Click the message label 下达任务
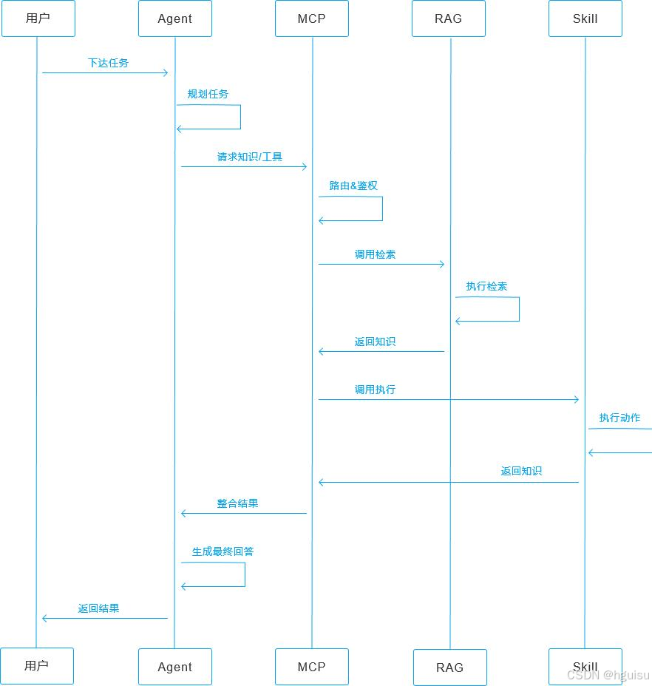click(x=108, y=63)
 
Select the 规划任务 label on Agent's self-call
click(x=208, y=94)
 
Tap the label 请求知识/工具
click(x=250, y=157)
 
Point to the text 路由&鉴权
click(x=353, y=186)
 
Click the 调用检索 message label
click(x=375, y=254)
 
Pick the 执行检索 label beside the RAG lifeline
click(x=486, y=286)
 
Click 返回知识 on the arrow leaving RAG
click(x=375, y=342)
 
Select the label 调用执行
click(x=375, y=390)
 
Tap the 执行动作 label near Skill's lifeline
click(x=619, y=418)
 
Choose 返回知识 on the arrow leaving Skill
click(x=521, y=471)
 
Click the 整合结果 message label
click(x=237, y=503)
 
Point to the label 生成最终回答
click(x=223, y=551)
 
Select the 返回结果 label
click(x=98, y=608)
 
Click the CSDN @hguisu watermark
click(x=608, y=675)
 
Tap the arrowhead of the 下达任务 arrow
click(x=166, y=72)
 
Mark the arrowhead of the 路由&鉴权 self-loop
click(x=321, y=220)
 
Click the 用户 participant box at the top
click(x=38, y=18)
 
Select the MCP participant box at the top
click(x=311, y=18)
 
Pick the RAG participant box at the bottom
click(x=449, y=667)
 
